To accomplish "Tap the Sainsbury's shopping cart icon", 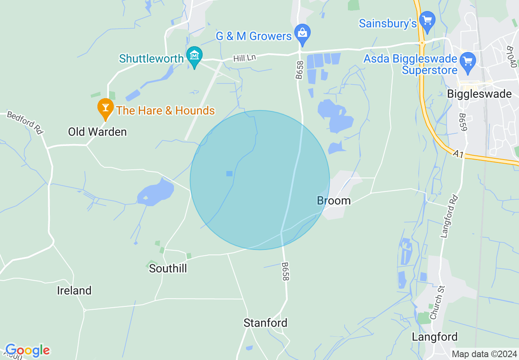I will tap(427, 20).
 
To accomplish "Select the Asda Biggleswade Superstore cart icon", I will tap(467, 61).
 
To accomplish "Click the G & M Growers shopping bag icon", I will tap(302, 32).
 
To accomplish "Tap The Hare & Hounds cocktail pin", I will tap(106, 108).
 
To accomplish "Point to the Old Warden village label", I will tap(97, 132).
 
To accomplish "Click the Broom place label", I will tap(334, 200).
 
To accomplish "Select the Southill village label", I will tap(168, 268).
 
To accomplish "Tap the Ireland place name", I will tap(74, 290).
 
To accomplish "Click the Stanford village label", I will tap(265, 323).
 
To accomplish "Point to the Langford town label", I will tap(435, 337).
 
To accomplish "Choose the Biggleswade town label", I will tap(479, 94).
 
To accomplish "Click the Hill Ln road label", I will tap(244, 59).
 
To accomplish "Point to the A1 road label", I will tap(457, 154).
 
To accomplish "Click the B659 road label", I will tap(463, 122).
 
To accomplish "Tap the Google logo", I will tap(27, 350).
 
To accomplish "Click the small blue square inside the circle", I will tap(229, 173).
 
